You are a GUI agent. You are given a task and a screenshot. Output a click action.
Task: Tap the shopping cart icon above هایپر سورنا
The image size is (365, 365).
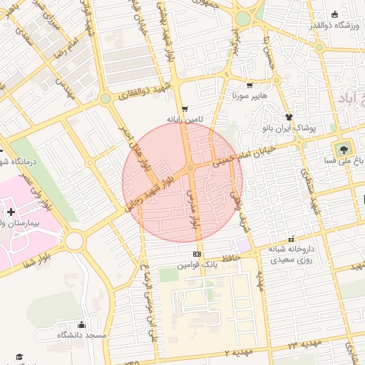pos(249,85)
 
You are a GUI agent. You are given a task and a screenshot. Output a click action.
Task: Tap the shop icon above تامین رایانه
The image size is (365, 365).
pos(185,108)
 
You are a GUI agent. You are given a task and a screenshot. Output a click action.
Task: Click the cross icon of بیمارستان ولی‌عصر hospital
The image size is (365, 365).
pos(10,212)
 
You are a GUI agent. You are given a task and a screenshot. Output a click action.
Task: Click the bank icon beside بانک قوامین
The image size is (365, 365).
pos(197,254)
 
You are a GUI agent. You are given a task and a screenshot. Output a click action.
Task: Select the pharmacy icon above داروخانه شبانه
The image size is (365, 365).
pos(291,240)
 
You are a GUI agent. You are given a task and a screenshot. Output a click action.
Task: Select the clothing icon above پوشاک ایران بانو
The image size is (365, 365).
pos(289,117)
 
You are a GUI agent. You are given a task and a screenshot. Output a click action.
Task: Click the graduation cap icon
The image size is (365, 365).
pos(19,356)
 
